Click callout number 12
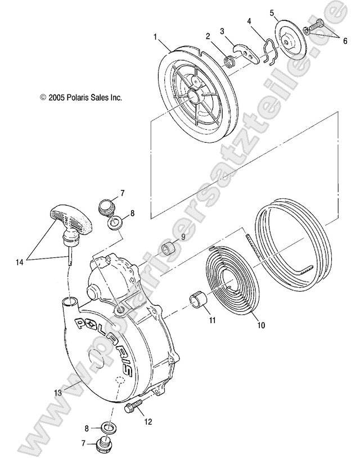pos(147,421)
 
